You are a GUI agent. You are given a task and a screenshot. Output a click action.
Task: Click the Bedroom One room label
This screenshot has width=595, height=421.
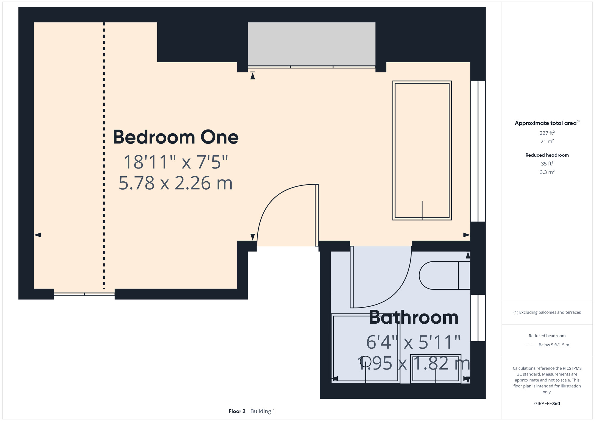(x=176, y=137)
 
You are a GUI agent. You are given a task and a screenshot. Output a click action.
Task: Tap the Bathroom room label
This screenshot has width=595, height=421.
(x=414, y=317)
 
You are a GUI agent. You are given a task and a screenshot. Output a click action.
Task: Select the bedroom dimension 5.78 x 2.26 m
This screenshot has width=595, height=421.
(x=176, y=183)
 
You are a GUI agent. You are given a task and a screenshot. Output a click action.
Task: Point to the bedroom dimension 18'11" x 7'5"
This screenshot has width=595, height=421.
(x=176, y=162)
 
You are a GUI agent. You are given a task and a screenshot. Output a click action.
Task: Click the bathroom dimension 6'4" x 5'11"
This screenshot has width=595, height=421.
(x=414, y=342)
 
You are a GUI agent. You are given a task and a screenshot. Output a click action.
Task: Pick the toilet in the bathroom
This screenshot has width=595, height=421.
(x=444, y=275)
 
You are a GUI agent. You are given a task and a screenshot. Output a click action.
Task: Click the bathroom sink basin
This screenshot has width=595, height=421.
(x=436, y=369)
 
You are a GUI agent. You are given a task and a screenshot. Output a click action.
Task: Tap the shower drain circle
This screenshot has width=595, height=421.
(x=366, y=362)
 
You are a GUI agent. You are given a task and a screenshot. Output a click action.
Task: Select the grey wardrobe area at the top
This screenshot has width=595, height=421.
(x=311, y=44)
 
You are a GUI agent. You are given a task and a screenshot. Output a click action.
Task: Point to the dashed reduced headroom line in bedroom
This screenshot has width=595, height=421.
(x=104, y=155)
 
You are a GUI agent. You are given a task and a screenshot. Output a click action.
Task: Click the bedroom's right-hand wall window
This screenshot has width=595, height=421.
(x=478, y=151)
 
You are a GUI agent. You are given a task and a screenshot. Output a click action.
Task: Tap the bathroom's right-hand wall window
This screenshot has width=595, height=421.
(x=478, y=318)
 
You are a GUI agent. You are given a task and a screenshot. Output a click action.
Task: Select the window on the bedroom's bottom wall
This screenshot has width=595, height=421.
(x=84, y=294)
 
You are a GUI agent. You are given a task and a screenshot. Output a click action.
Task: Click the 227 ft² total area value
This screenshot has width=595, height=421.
(x=547, y=133)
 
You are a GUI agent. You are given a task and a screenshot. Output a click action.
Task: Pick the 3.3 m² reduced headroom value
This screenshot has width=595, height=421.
(x=547, y=172)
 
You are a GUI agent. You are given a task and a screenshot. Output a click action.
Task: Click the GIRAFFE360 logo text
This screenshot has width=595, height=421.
(x=547, y=404)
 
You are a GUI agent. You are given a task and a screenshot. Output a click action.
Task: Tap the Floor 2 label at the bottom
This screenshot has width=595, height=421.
(x=237, y=411)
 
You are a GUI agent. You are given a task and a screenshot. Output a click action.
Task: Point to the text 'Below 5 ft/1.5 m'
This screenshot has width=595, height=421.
(x=554, y=345)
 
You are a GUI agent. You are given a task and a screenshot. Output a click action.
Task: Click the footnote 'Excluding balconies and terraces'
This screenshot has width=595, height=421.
(x=550, y=312)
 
